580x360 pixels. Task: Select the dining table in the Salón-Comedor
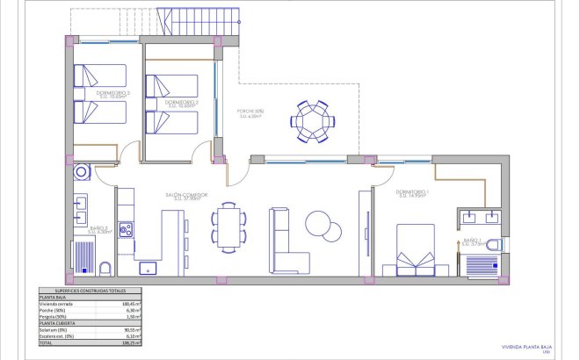pos(229,225)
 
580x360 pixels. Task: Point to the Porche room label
pos(250,112)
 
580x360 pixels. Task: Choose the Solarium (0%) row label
pos(54,329)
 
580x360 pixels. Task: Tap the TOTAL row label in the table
pos(47,342)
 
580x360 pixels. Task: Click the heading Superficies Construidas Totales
pos(91,291)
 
